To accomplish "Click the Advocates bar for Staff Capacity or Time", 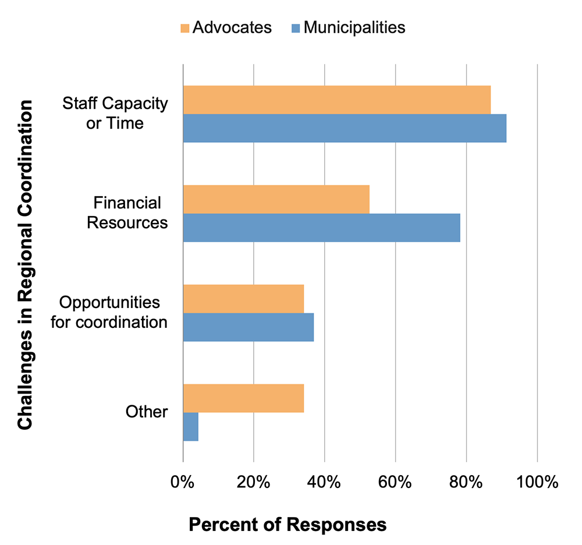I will (x=336, y=100).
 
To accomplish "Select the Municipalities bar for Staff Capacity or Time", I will (x=345, y=128).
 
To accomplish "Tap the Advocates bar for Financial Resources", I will (x=276, y=199).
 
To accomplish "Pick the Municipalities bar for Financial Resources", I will (x=321, y=228).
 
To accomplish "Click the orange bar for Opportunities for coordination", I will (x=243, y=299).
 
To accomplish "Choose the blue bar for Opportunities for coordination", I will (x=248, y=327).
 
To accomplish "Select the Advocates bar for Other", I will (x=243, y=398).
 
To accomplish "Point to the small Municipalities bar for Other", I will (x=190, y=427).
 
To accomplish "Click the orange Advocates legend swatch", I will (x=185, y=27).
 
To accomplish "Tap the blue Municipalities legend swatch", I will (x=295, y=27).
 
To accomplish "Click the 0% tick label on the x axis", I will (x=183, y=482).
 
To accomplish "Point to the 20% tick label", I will (x=254, y=482).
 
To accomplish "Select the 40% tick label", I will (x=324, y=482).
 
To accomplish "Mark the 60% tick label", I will (x=395, y=482).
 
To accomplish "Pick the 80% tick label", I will (x=466, y=482).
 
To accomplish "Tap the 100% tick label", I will (x=537, y=482).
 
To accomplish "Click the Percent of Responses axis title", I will (x=287, y=524).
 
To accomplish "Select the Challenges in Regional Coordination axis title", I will (x=24, y=265).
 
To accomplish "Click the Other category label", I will (x=147, y=412).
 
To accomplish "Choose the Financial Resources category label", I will (x=127, y=213).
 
